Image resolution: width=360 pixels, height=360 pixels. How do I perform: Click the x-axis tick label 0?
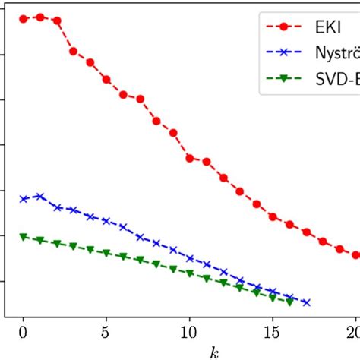point(23,332)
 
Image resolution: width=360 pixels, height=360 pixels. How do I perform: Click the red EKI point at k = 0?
point(24,18)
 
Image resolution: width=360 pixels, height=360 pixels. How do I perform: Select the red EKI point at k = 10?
point(190,158)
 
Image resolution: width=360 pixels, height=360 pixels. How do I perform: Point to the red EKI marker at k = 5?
point(106,79)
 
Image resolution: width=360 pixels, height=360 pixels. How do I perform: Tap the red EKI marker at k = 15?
point(273,216)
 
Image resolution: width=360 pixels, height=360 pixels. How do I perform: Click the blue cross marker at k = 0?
point(24,199)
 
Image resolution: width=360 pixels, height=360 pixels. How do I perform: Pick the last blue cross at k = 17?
point(306,302)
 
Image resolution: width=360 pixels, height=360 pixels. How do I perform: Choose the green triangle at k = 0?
point(24,237)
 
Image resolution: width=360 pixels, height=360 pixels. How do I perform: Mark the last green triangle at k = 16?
point(289,302)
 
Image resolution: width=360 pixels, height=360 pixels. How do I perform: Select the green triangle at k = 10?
point(190,273)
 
